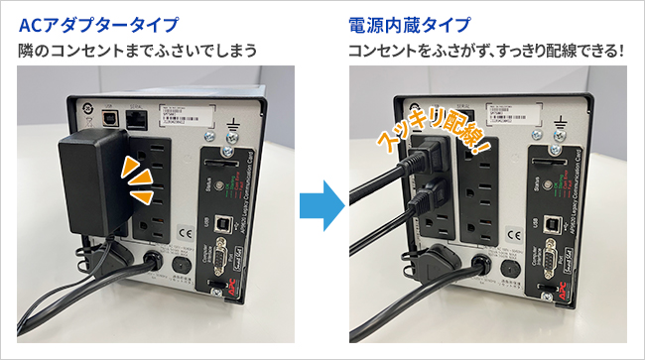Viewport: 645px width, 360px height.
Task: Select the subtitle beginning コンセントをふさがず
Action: coord(486,49)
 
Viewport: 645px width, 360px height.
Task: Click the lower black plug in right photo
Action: coord(425,191)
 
